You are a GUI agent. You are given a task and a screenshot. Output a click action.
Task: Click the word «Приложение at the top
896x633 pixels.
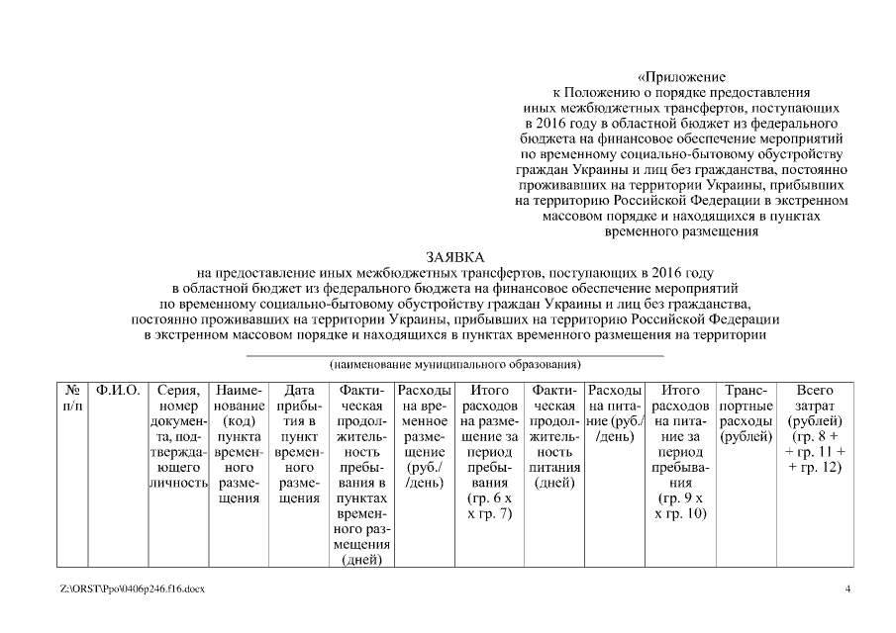[681, 76]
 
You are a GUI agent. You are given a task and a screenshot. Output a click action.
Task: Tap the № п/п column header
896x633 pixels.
[71, 399]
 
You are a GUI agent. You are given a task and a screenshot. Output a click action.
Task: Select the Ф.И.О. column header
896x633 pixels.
[118, 391]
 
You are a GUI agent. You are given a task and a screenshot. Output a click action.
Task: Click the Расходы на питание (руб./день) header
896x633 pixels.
[615, 413]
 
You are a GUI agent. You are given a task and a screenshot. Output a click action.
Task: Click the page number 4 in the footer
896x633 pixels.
[847, 589]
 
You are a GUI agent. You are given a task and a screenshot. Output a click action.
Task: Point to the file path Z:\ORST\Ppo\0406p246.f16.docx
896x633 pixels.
[132, 589]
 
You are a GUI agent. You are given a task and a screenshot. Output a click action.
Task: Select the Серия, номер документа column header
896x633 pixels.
[180, 436]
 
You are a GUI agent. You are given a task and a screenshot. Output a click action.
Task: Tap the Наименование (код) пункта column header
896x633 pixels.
[238, 444]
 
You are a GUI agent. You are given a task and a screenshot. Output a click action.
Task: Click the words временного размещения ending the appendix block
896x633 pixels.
[681, 232]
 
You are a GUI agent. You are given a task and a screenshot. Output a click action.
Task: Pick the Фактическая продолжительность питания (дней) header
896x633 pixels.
[554, 436]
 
